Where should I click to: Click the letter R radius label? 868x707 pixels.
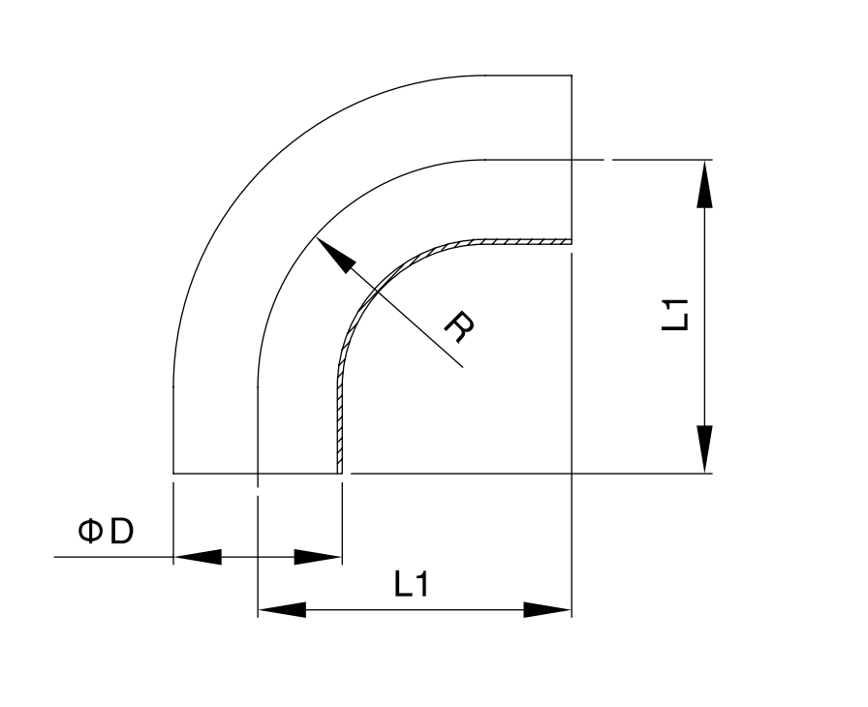pos(459,327)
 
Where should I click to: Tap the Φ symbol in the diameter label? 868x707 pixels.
pos(90,531)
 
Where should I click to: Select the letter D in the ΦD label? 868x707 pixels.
pos(122,531)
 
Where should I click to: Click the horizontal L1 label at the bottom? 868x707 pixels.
pos(412,584)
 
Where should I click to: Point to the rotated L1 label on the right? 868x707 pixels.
pos(675,315)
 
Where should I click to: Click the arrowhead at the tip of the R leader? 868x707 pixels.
pos(334,255)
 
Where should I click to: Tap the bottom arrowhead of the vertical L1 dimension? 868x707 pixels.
pos(704,449)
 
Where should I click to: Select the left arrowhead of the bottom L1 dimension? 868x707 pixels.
pos(282,609)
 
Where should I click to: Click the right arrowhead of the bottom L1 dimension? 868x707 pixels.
pos(547,609)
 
